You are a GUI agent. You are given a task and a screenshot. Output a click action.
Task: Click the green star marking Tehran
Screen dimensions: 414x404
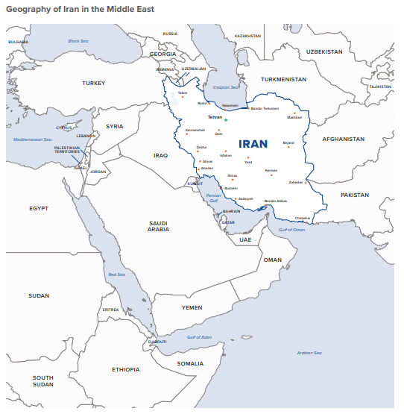click(226, 119)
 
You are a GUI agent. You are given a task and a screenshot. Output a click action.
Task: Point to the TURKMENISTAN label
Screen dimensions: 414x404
click(283, 79)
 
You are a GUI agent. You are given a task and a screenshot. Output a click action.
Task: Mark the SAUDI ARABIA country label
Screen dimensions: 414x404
click(158, 226)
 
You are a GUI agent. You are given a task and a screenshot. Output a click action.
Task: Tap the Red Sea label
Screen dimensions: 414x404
click(117, 275)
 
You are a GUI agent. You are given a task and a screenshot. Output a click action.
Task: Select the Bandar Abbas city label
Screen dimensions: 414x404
click(275, 201)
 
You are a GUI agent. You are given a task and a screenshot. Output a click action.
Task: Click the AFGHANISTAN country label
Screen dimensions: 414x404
click(343, 139)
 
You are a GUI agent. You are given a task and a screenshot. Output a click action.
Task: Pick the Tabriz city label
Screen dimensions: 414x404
click(182, 93)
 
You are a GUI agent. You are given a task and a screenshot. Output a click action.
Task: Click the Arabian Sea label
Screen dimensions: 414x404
click(309, 353)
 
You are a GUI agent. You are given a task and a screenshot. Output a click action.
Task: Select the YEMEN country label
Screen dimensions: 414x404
click(192, 307)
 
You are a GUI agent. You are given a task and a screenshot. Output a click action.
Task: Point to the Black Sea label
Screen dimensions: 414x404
click(78, 41)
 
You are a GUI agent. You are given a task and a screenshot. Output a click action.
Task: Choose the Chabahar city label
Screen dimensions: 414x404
click(303, 218)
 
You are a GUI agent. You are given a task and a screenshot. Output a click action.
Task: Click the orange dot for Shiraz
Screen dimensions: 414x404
click(233, 180)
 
